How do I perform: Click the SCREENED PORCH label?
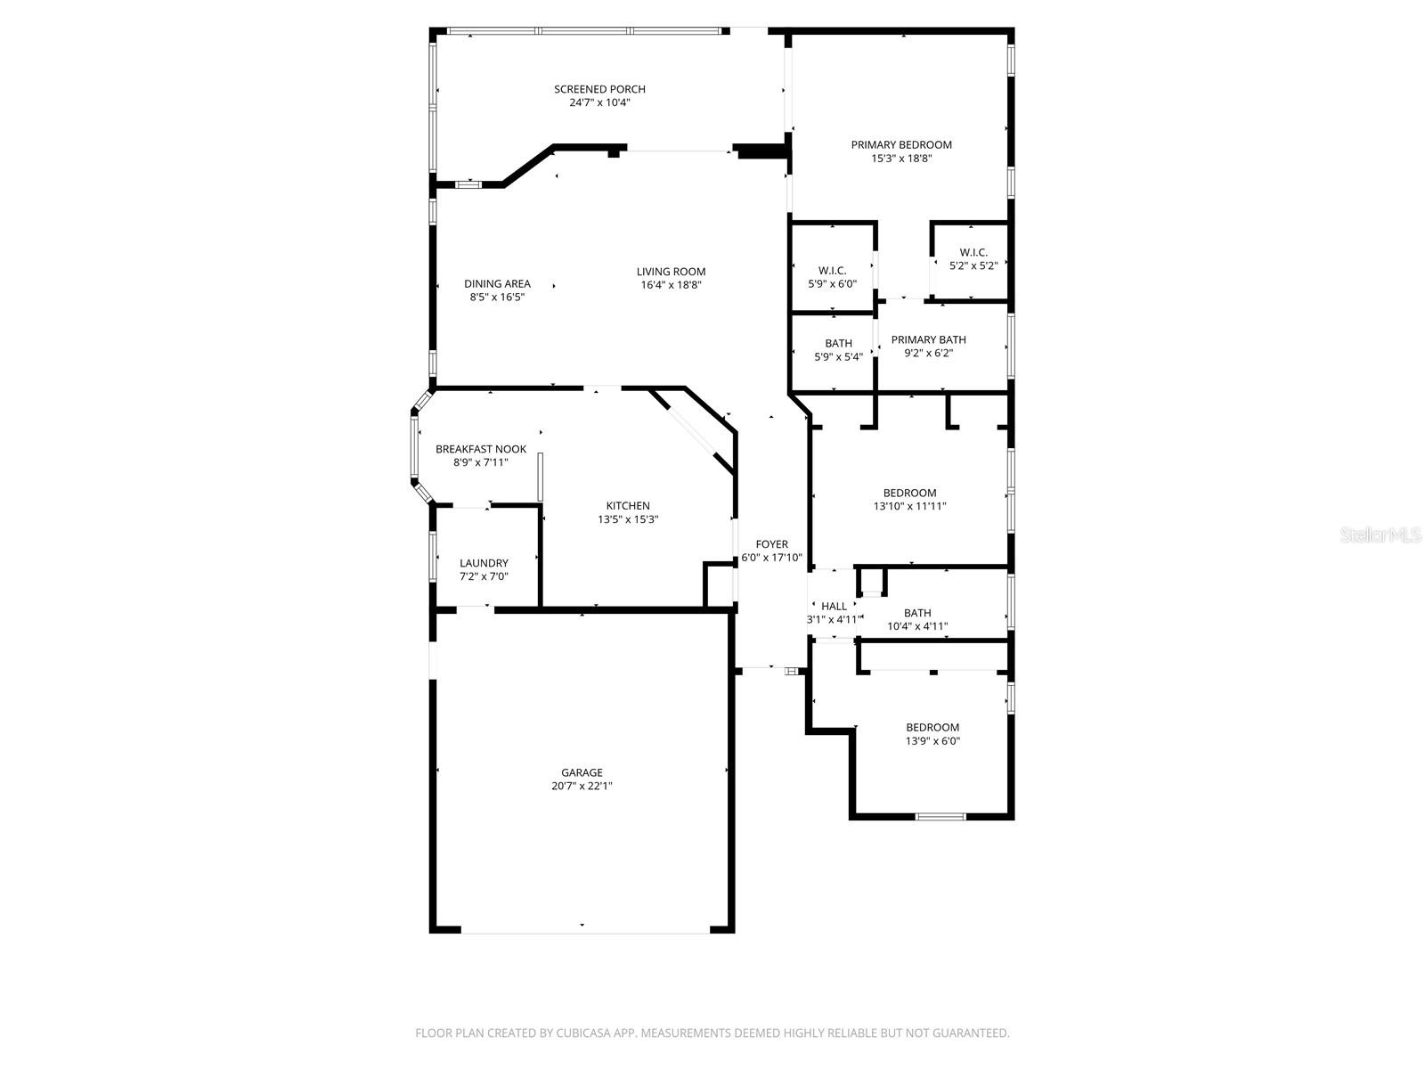tap(599, 89)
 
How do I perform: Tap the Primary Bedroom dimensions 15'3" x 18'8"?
tap(901, 159)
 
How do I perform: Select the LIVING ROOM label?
tap(671, 272)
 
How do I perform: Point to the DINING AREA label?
tap(497, 284)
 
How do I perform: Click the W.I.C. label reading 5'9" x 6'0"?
tap(832, 271)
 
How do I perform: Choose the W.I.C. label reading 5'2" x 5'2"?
tap(973, 253)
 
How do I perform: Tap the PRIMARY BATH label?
tap(928, 339)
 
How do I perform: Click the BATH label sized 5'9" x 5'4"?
tap(838, 343)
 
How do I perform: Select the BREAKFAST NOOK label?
tap(481, 449)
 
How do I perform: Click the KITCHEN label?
tap(628, 506)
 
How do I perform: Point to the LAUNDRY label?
tap(484, 563)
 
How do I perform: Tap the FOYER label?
tap(771, 544)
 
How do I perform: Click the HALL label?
tap(834, 607)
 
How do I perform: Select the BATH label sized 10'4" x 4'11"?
tap(917, 613)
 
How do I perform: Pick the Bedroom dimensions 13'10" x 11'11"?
tap(909, 506)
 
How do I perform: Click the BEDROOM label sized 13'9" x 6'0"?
tap(932, 728)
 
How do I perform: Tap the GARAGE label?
tap(582, 772)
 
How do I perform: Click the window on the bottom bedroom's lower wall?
tap(941, 816)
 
